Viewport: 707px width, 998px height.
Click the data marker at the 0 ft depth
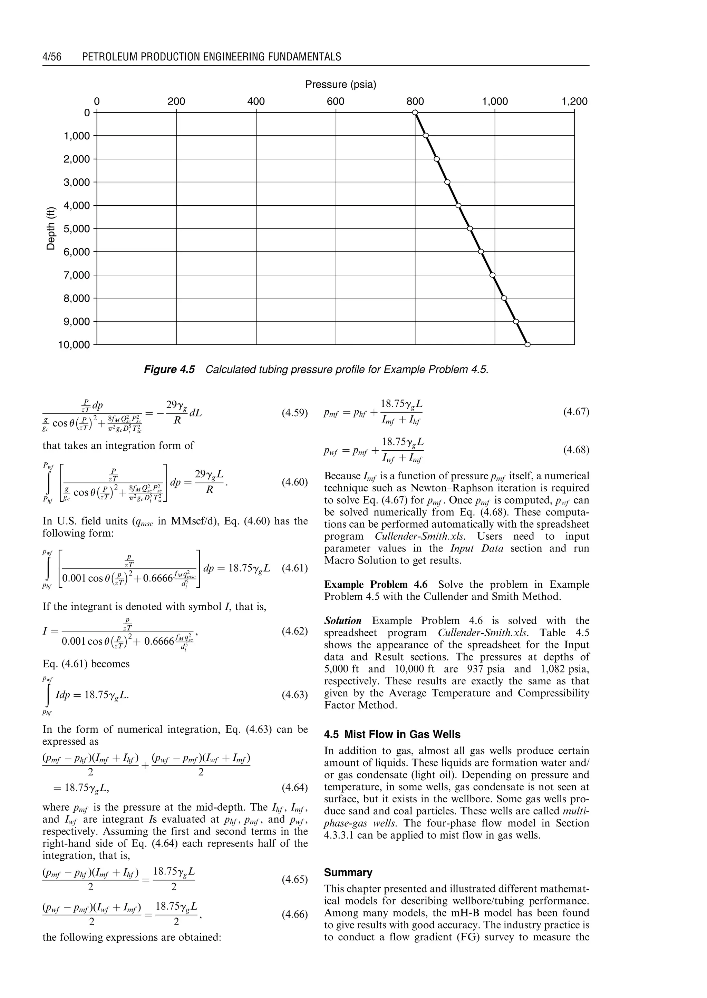pyautogui.click(x=415, y=113)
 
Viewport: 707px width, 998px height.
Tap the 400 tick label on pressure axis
pyautogui.click(x=256, y=102)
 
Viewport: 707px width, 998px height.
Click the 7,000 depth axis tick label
pyautogui.click(x=77, y=275)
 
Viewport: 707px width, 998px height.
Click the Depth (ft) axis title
pyautogui.click(x=51, y=228)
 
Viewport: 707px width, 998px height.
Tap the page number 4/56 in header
pyautogui.click(x=52, y=57)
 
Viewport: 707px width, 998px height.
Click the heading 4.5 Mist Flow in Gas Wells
pyautogui.click(x=392, y=735)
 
